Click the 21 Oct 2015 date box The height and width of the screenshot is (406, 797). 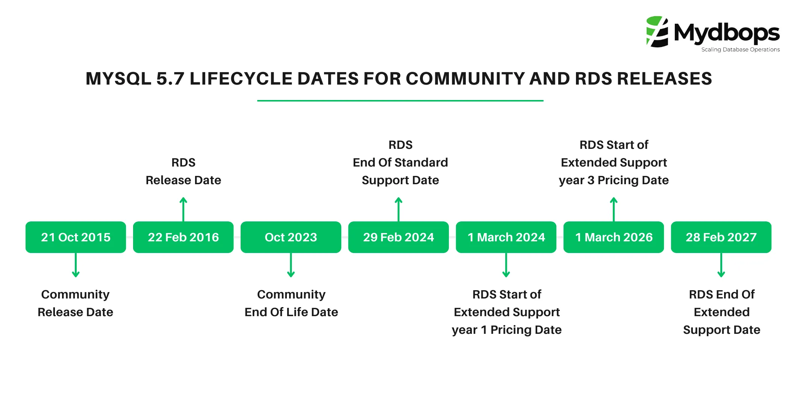pos(76,237)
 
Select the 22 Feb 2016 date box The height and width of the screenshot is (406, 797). pos(183,237)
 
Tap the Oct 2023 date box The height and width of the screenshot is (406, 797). pos(291,237)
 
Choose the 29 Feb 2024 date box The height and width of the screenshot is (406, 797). pos(398,237)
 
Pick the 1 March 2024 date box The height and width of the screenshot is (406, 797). pos(506,237)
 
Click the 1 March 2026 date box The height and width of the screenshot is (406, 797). pos(614,237)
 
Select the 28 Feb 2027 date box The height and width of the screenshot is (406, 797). pos(721,237)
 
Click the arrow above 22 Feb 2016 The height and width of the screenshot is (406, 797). pos(183,209)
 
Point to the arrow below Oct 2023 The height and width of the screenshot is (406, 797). pos(291,265)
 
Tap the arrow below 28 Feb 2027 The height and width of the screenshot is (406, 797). pos(721,265)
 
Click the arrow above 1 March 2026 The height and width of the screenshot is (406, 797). pos(614,209)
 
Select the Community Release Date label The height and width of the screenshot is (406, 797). pos(76,303)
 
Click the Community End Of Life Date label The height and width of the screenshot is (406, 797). pos(291,303)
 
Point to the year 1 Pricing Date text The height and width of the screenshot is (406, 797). pos(506,330)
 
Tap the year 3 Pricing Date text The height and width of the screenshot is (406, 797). pos(614,180)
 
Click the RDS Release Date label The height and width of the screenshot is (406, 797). pos(183,171)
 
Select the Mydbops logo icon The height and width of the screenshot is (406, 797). pos(657,32)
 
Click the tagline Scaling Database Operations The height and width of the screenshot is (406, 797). pos(740,50)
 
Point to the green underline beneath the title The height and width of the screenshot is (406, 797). pos(400,101)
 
